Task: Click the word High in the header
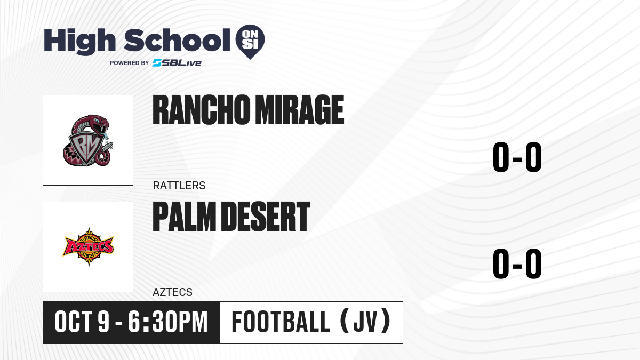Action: (79, 41)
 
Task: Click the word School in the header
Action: (177, 40)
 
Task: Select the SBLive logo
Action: (177, 63)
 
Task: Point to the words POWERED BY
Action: (130, 63)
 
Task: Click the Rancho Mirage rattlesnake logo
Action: (88, 140)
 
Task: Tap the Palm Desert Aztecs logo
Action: (88, 246)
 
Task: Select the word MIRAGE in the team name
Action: (299, 110)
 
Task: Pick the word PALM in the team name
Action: (185, 217)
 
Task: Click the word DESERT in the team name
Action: (266, 217)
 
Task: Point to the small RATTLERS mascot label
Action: (179, 186)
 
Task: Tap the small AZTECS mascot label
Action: (173, 292)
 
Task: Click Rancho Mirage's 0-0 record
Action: (517, 157)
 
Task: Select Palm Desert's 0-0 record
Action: (517, 263)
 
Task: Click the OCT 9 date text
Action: (82, 322)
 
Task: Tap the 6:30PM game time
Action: (167, 322)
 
